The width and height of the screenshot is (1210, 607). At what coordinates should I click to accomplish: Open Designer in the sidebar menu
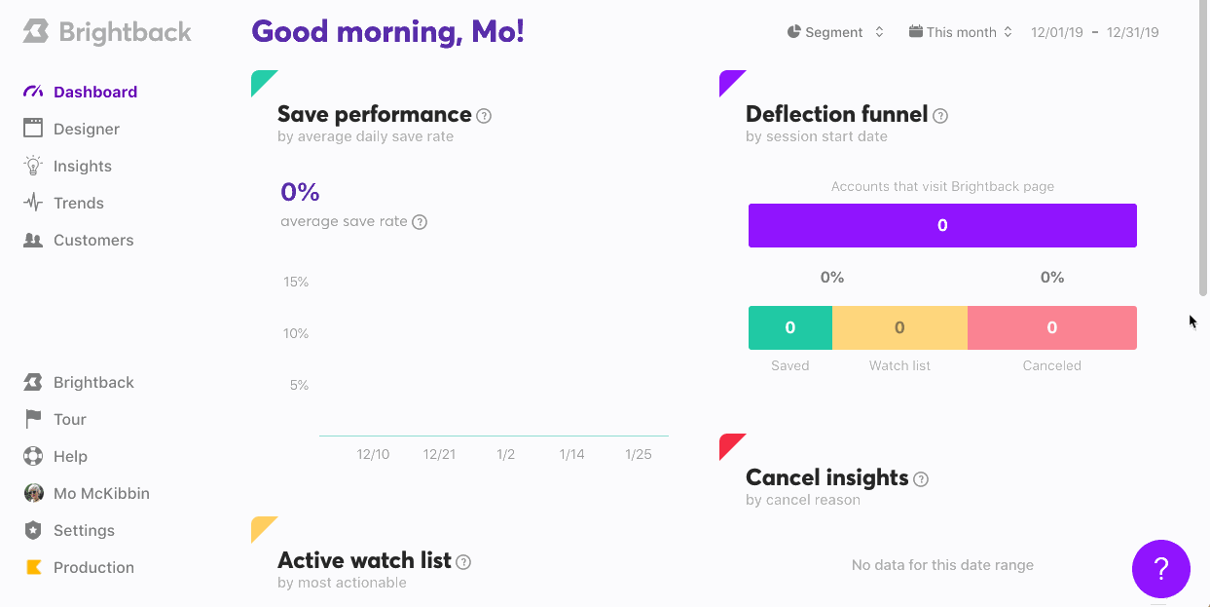pyautogui.click(x=87, y=129)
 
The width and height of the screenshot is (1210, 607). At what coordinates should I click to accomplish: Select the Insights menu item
pyautogui.click(x=82, y=166)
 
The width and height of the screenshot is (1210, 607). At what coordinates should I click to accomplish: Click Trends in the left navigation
pyautogui.click(x=78, y=203)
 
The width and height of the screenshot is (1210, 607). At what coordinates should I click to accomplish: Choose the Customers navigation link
pyautogui.click(x=93, y=240)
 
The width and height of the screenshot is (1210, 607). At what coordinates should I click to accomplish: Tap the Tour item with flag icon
pyautogui.click(x=70, y=419)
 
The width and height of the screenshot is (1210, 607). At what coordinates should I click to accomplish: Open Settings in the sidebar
pyautogui.click(x=84, y=530)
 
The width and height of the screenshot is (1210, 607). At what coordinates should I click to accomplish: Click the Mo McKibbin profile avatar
pyautogui.click(x=33, y=493)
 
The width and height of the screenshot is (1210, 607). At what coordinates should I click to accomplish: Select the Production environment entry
pyautogui.click(x=93, y=567)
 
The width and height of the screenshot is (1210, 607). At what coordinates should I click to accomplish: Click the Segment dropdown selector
pyautogui.click(x=835, y=32)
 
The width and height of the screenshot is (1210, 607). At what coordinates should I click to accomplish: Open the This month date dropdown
pyautogui.click(x=961, y=32)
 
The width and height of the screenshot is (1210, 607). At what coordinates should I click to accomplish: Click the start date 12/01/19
pyautogui.click(x=1056, y=32)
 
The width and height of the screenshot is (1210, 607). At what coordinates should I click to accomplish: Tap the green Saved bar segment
pyautogui.click(x=790, y=327)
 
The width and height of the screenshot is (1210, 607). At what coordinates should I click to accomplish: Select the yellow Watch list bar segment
pyautogui.click(x=899, y=327)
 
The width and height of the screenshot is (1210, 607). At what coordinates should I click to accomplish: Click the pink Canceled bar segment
pyautogui.click(x=1052, y=327)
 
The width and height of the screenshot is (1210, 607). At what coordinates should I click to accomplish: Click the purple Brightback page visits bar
pyautogui.click(x=942, y=225)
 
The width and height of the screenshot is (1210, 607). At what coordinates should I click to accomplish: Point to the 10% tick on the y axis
pyautogui.click(x=296, y=333)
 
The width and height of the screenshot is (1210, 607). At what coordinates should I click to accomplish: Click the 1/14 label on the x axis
pyautogui.click(x=571, y=454)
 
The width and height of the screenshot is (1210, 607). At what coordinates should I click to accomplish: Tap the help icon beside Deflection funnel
pyautogui.click(x=940, y=116)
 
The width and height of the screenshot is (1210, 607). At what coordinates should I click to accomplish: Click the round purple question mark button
pyautogui.click(x=1161, y=569)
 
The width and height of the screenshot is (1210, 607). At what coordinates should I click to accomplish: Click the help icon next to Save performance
pyautogui.click(x=484, y=116)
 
